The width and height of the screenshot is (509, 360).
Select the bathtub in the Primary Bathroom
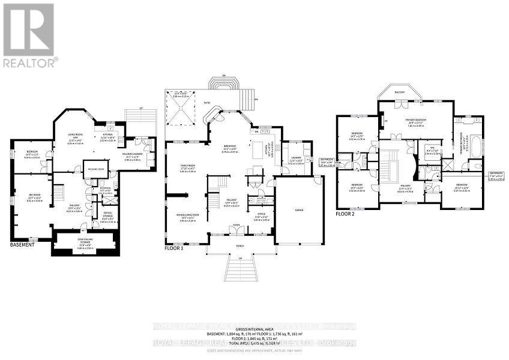pos(475,145)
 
